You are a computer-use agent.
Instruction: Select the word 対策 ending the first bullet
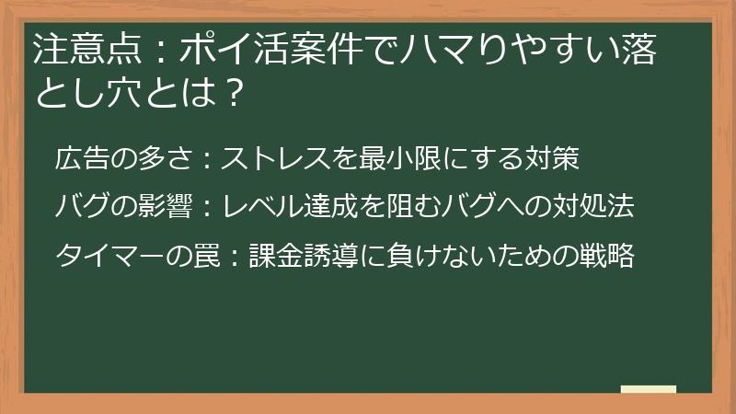tap(552, 159)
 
